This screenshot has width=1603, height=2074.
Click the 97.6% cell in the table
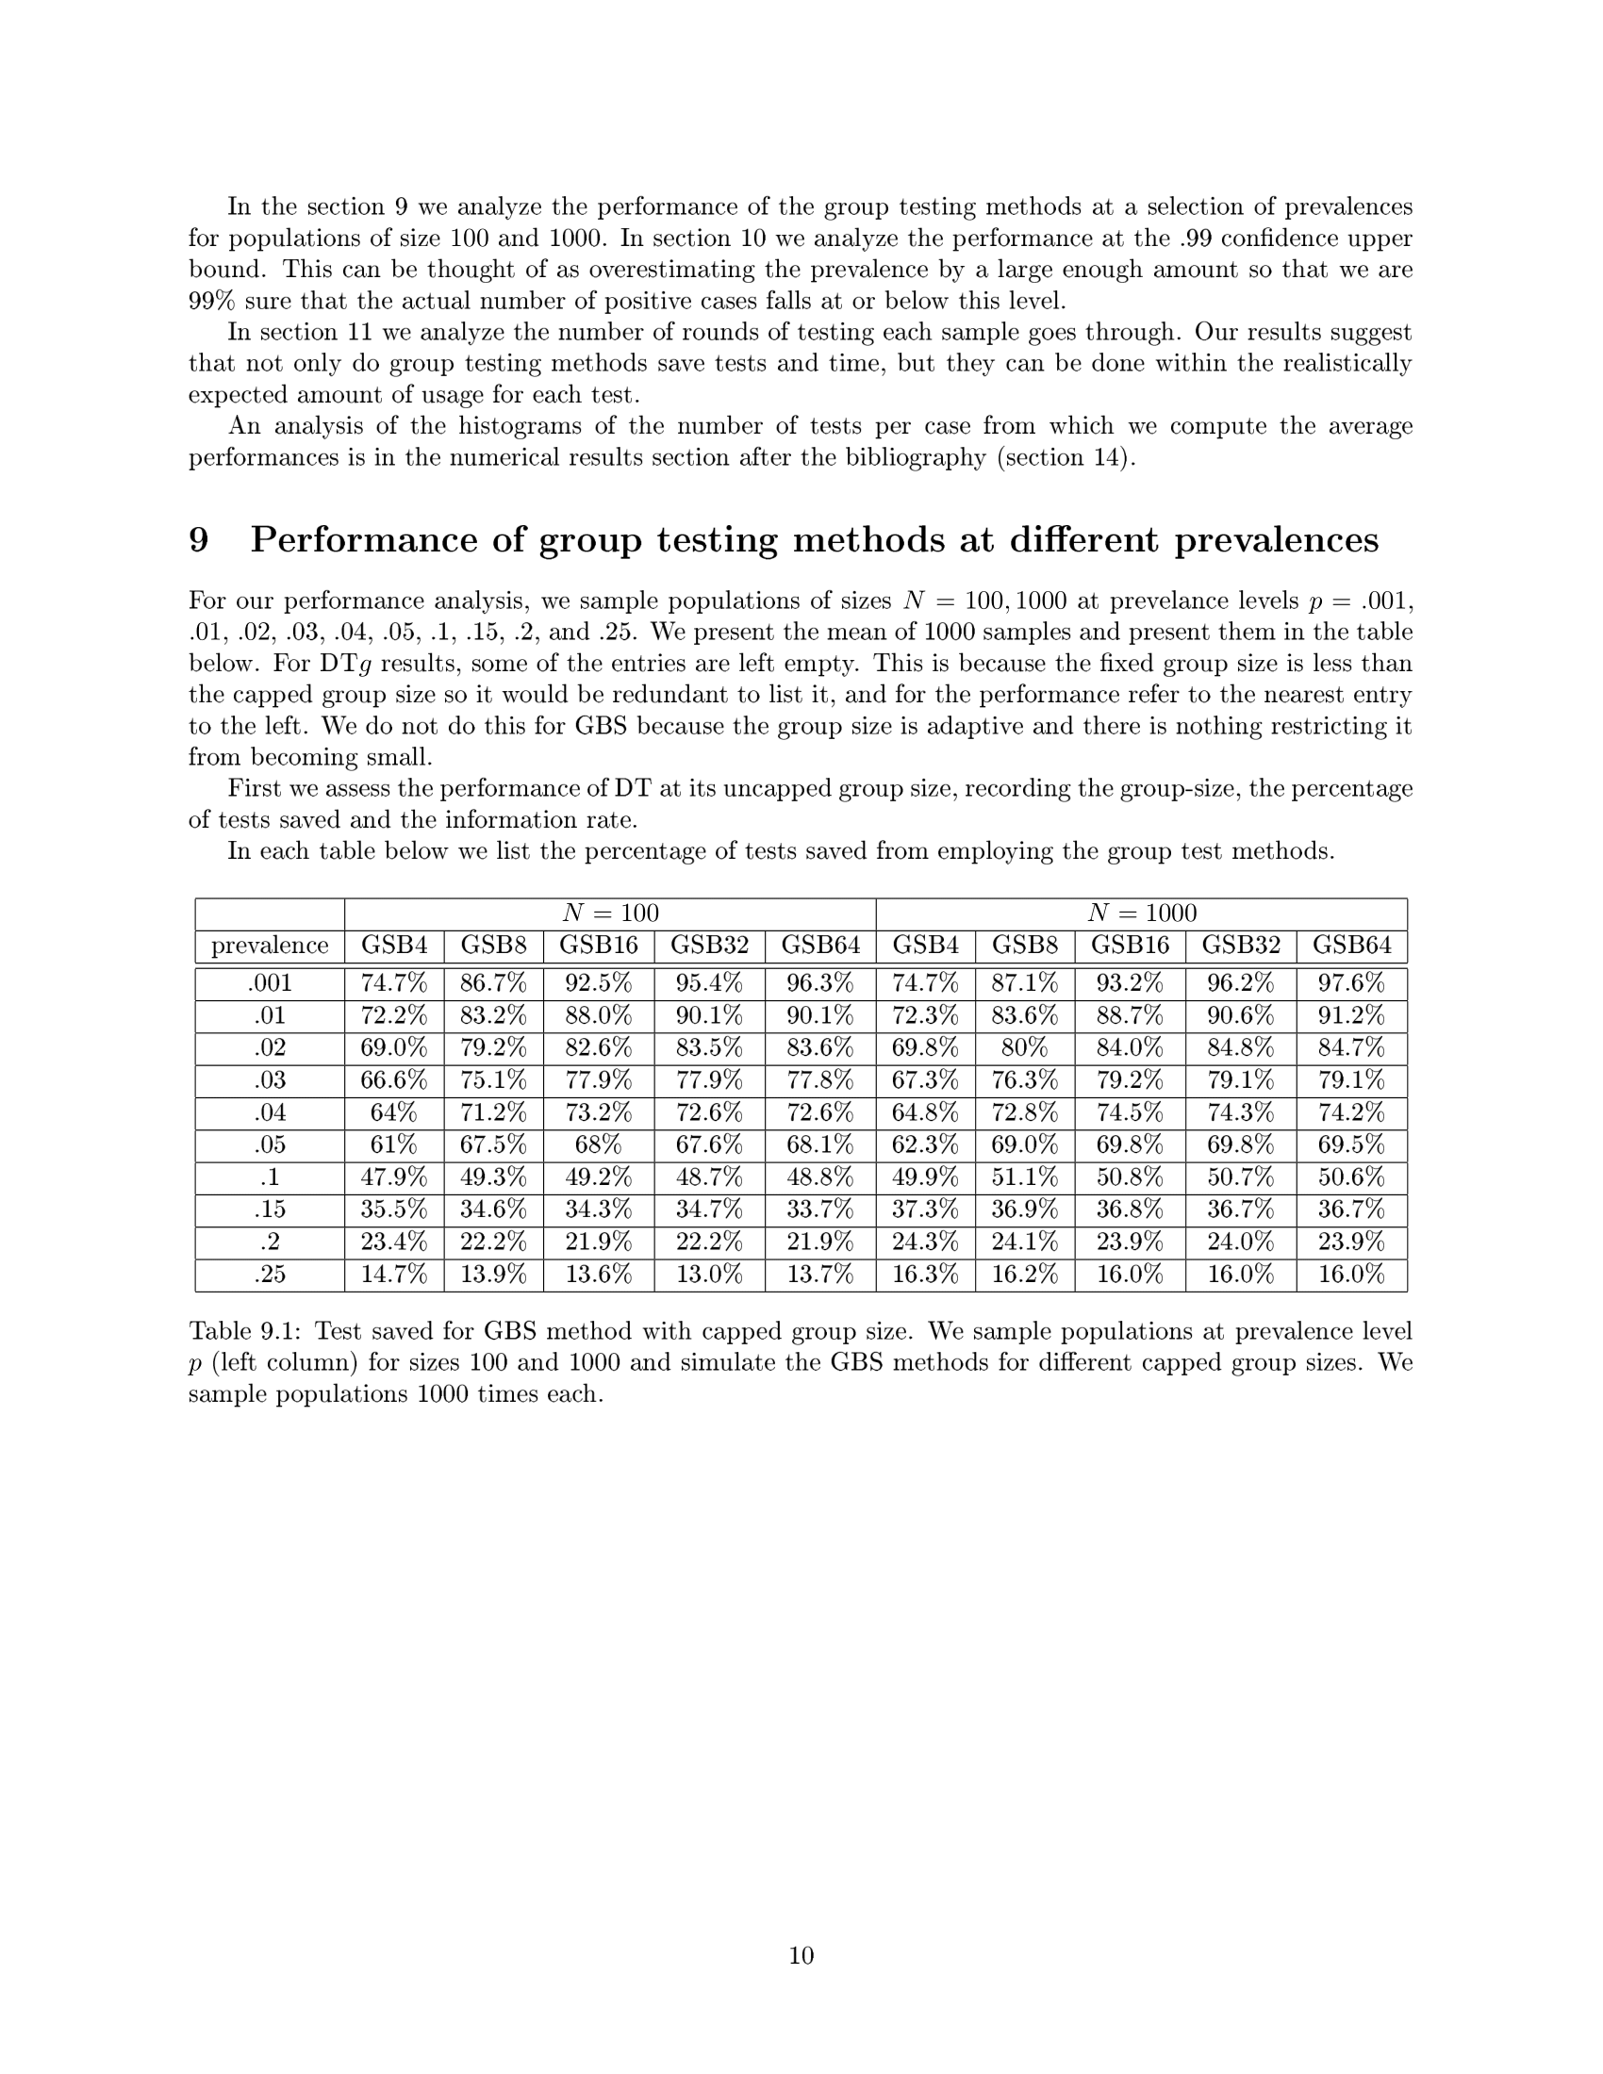point(1350,983)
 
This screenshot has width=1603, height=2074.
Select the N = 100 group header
point(610,914)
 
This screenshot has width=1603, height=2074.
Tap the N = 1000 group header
point(1141,914)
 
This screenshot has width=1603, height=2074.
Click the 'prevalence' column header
point(270,946)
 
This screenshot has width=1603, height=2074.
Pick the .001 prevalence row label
point(270,983)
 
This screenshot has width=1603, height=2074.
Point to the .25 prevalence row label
point(270,1275)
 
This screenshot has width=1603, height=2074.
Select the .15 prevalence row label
point(270,1210)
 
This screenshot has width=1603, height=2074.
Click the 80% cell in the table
point(1024,1047)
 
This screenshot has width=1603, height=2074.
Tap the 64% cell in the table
point(393,1112)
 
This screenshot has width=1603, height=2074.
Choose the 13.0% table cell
point(708,1275)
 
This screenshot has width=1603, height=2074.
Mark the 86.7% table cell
point(493,983)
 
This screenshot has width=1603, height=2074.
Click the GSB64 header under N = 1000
point(1350,946)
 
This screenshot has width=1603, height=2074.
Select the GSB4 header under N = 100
point(393,946)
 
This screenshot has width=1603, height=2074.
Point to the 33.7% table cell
point(819,1210)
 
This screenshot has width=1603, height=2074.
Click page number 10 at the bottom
point(801,1955)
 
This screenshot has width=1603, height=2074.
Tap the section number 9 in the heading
point(198,540)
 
